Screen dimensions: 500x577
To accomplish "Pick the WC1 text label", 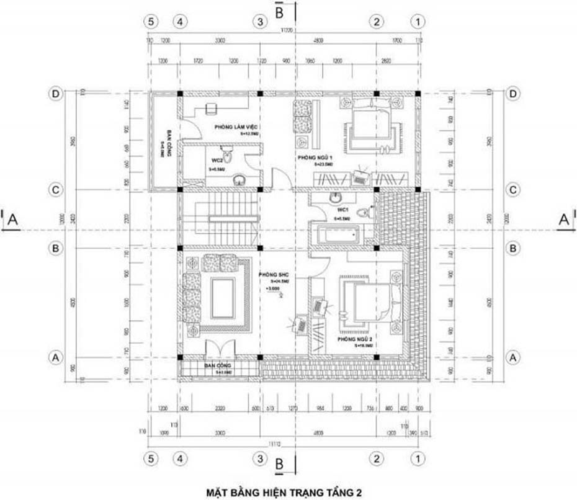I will tap(342, 212).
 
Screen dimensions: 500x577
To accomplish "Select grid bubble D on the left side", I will tap(56, 94).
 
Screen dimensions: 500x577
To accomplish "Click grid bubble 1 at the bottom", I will tap(419, 459).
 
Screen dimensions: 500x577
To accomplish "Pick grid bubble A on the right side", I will tap(512, 357).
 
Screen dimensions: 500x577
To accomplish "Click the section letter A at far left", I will tap(13, 219).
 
